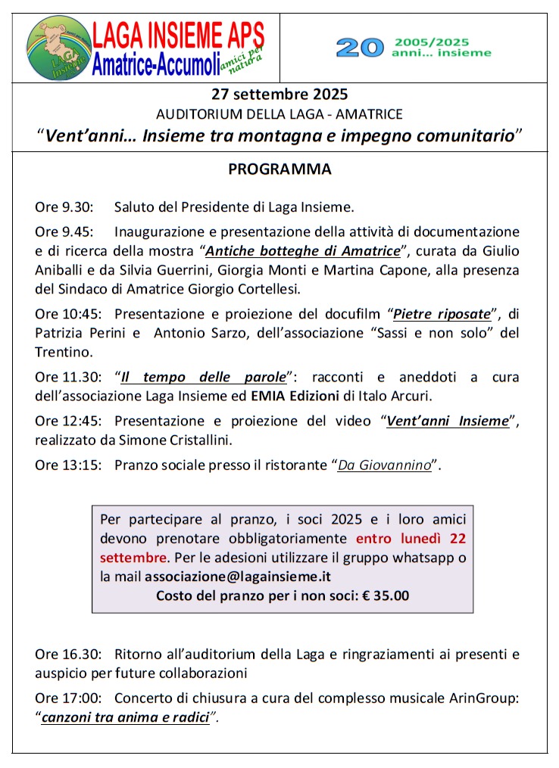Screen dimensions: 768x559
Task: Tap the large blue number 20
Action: (360, 48)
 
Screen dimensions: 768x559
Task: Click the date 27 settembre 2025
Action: (279, 95)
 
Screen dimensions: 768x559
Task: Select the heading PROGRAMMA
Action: (279, 169)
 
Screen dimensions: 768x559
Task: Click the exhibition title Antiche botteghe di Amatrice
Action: (302, 250)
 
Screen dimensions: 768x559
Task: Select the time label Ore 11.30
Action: (66, 376)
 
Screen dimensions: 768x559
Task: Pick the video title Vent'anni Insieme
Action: (447, 421)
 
